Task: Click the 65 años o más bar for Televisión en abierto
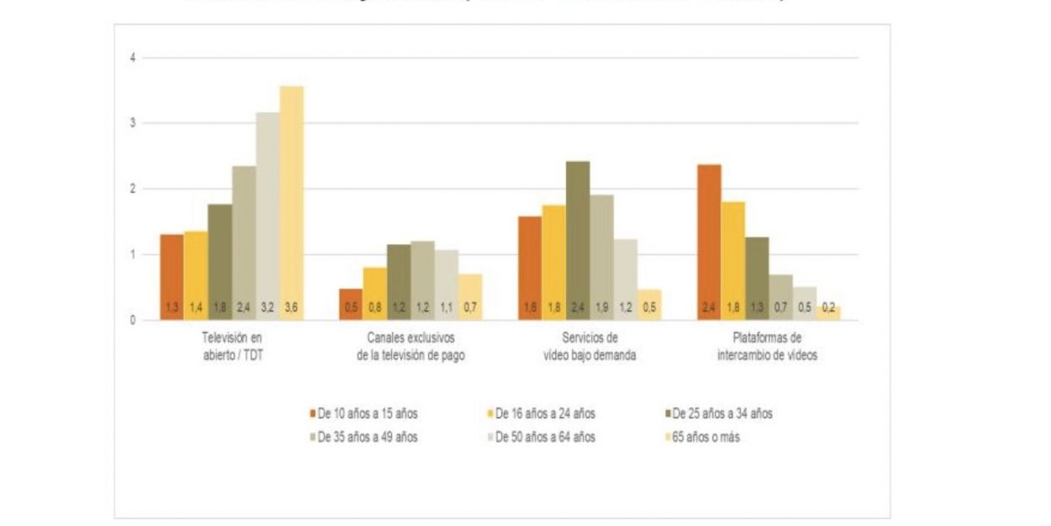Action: (292, 203)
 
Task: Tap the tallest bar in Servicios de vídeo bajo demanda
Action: (579, 241)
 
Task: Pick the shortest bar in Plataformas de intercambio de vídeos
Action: (829, 313)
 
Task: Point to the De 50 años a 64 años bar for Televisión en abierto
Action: (267, 216)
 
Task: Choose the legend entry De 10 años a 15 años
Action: (363, 414)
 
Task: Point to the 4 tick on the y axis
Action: (133, 58)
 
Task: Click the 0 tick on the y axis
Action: (133, 320)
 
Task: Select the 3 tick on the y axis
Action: (133, 124)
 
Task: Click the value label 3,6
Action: (292, 307)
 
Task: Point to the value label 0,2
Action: (829, 307)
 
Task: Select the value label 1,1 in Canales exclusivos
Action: (447, 307)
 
